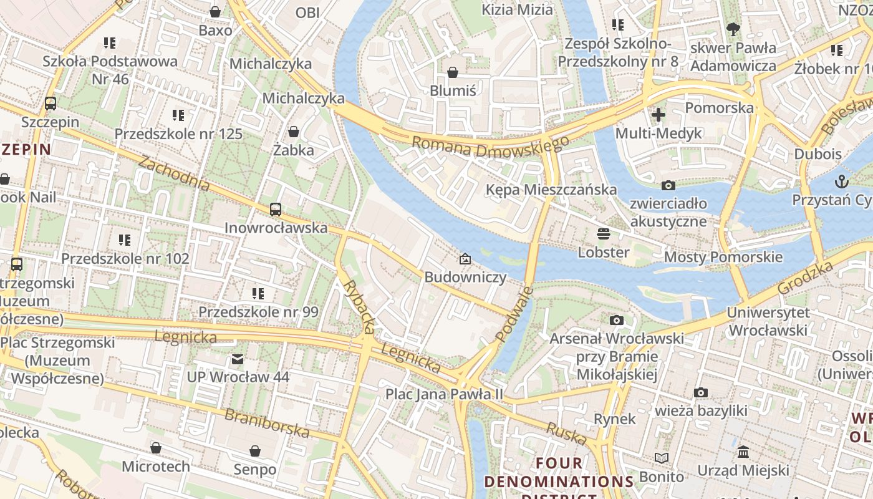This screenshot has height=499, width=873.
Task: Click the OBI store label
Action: [307, 12]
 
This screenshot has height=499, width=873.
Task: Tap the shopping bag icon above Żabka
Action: [293, 132]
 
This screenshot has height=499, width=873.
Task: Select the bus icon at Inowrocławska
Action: [276, 209]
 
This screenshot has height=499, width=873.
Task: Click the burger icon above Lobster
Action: [603, 234]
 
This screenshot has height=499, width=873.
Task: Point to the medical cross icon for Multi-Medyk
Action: [658, 114]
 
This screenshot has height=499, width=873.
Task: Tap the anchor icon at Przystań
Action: [842, 182]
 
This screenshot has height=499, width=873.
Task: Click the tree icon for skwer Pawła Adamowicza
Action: [733, 29]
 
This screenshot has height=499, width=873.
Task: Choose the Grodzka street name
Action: [806, 278]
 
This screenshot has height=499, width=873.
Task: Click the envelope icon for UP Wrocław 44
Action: [238, 359]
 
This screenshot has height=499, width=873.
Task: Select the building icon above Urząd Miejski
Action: [743, 452]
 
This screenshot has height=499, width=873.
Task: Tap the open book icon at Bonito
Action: [661, 458]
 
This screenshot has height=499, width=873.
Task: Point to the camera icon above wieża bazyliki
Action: [701, 392]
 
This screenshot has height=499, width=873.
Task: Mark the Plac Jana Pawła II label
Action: [444, 394]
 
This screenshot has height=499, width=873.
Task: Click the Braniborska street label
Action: [267, 423]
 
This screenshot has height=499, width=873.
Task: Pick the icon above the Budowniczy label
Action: [465, 259]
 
